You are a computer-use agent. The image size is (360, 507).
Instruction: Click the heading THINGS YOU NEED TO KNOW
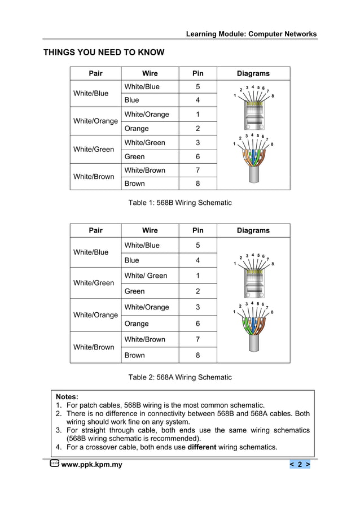pyautogui.click(x=104, y=53)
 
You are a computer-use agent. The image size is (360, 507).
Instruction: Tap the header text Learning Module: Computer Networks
pyautogui.click(x=251, y=34)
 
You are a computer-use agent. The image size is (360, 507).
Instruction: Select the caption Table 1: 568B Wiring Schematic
pyautogui.click(x=180, y=202)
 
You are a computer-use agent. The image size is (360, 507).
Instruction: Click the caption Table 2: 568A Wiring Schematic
pyautogui.click(x=180, y=377)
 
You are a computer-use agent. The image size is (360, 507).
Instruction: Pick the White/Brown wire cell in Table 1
pyautogui.click(x=145, y=170)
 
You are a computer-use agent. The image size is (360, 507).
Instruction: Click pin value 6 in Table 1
pyautogui.click(x=197, y=156)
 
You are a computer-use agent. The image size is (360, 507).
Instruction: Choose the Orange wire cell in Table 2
pyautogui.click(x=137, y=324)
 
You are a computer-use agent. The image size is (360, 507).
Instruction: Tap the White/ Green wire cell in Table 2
pyautogui.click(x=146, y=276)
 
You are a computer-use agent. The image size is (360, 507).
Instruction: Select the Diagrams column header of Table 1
pyautogui.click(x=253, y=73)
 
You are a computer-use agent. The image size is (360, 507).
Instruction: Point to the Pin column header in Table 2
pyautogui.click(x=197, y=230)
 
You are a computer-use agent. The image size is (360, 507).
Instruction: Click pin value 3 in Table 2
pyautogui.click(x=197, y=307)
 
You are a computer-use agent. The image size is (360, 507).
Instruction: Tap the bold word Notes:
pyautogui.click(x=67, y=397)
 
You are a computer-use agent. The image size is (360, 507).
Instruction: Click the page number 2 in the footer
pyautogui.click(x=300, y=465)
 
